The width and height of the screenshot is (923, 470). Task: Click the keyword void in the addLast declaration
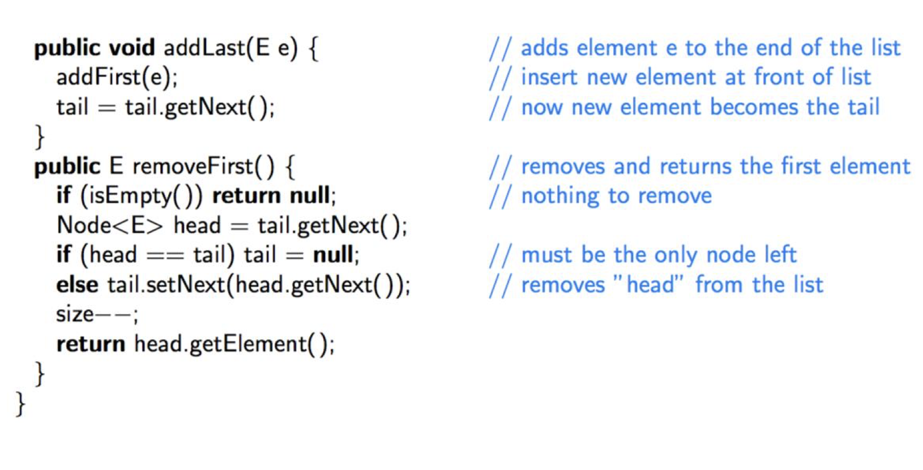tap(131, 48)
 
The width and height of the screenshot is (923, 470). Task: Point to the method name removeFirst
tap(193, 166)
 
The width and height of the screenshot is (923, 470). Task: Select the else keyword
tap(77, 285)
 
